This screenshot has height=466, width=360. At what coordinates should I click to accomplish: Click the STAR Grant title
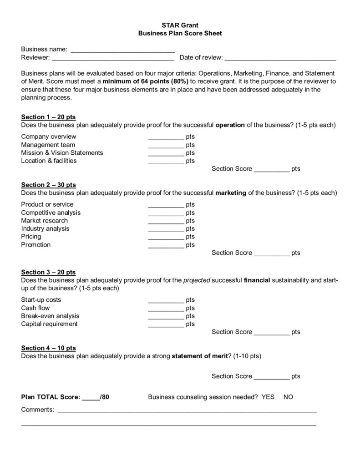tap(180, 25)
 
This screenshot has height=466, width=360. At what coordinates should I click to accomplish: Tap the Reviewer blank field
tap(112, 58)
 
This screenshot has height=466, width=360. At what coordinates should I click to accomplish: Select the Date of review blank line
tap(280, 58)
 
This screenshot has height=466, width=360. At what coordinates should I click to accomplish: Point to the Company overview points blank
tap(166, 137)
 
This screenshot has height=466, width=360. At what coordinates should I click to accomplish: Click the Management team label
tap(45, 145)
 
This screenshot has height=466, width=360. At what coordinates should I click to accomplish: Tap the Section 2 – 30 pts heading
tap(49, 185)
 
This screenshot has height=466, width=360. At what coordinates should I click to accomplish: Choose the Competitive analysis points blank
tap(166, 213)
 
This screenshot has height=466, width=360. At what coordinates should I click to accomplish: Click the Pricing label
tap(31, 237)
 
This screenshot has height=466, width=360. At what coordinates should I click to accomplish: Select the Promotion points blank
tap(166, 245)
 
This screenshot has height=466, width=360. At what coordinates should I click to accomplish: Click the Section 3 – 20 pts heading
tap(49, 272)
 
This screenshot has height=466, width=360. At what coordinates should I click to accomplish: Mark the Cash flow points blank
tap(166, 308)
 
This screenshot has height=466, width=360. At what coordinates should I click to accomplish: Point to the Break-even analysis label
tap(50, 316)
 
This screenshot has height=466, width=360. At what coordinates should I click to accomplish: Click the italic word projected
tap(197, 280)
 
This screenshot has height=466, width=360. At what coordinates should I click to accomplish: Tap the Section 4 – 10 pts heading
tap(49, 348)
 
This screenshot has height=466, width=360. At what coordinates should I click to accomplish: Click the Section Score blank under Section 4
tap(271, 376)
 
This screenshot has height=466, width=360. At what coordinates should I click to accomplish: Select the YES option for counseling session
tap(268, 397)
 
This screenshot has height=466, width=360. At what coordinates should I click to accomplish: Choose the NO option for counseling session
tap(288, 397)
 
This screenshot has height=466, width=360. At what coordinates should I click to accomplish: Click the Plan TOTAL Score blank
tap(91, 397)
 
